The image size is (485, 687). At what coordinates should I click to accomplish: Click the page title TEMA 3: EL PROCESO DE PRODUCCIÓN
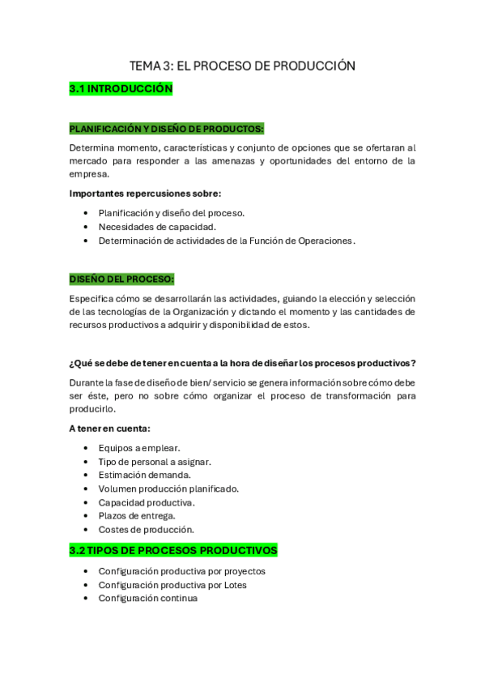[x=242, y=66]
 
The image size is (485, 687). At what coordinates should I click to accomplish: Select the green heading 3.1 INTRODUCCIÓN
[x=121, y=89]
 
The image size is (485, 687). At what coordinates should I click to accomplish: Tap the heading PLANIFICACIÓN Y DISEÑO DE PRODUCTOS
[x=166, y=128]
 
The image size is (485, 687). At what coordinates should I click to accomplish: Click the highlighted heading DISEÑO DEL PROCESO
[x=121, y=279]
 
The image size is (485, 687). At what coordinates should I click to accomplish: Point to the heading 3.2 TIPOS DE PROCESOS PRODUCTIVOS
[x=173, y=550]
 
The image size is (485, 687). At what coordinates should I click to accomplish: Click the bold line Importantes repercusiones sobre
[x=145, y=193]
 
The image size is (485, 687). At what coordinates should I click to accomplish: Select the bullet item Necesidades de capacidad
[x=157, y=227]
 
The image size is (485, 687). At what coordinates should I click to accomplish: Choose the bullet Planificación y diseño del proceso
[x=172, y=213]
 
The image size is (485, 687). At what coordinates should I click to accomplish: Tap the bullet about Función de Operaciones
[x=227, y=241]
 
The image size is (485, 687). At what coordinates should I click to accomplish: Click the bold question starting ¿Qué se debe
[x=243, y=362]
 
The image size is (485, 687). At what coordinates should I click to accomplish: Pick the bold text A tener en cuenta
[x=109, y=429]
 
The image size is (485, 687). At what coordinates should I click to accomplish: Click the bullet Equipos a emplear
[x=139, y=448]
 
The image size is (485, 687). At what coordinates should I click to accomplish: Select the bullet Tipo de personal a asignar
[x=155, y=462]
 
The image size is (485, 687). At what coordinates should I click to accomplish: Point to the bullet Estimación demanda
[x=145, y=475]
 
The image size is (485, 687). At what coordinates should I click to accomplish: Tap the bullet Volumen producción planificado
[x=168, y=489]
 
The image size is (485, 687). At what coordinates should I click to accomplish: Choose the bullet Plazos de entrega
[x=137, y=515]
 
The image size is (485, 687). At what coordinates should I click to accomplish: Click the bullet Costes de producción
[x=147, y=529]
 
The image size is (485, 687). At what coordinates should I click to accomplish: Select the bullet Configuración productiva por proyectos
[x=182, y=571]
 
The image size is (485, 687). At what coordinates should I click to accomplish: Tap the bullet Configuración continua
[x=148, y=598]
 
